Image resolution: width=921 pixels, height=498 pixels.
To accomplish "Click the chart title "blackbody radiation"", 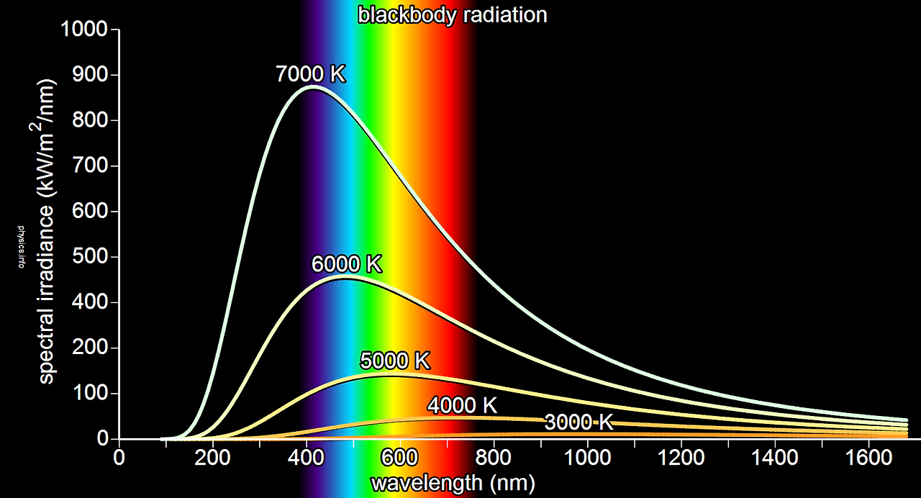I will coord(452,14).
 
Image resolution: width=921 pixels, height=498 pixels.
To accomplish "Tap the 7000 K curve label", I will coord(311,74).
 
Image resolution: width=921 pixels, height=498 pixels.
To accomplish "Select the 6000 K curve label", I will coord(346,264).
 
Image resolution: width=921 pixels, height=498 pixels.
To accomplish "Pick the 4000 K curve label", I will coord(461,405).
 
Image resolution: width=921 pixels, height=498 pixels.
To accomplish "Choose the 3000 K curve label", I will coord(579,422).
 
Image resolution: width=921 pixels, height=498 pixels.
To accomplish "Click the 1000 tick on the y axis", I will coord(84,30).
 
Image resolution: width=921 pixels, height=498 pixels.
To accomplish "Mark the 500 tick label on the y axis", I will coord(90,257).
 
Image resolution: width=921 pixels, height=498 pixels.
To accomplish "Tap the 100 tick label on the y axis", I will coord(90,394).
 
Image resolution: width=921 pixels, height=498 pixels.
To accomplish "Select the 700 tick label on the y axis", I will coord(90,166).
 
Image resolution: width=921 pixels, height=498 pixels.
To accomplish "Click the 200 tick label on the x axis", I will coord(213,458).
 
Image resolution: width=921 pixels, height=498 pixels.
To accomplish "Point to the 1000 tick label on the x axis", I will coord(588,458).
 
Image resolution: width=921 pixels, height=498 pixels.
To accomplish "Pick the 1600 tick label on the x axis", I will coord(869,458).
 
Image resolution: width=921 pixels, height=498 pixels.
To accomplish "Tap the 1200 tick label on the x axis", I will coord(681,458).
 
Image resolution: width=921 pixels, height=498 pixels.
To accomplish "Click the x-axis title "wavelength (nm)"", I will coord(453,483).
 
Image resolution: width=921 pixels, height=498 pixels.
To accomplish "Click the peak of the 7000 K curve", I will coord(312,87).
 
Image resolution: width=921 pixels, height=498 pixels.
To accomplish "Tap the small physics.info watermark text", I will coord(21,248).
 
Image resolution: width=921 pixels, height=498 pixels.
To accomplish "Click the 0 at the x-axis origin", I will coord(119,458).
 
